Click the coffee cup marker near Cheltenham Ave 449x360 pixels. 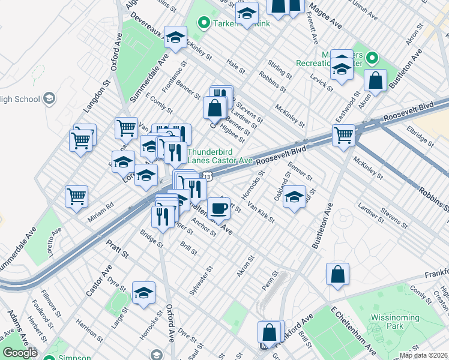pyautogui.click(x=219, y=209)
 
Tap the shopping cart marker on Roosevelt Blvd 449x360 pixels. pyautogui.click(x=343, y=136)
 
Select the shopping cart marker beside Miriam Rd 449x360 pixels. pyautogui.click(x=77, y=196)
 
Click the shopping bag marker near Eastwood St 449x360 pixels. pyautogui.click(x=375, y=81)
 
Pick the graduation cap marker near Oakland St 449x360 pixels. pyautogui.click(x=294, y=197)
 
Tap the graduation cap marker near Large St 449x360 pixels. pyautogui.click(x=143, y=293)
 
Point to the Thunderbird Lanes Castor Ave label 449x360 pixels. pyautogui.click(x=220, y=156)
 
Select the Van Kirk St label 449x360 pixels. pyautogui.click(x=261, y=212)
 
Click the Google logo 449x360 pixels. pyautogui.click(x=20, y=353)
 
